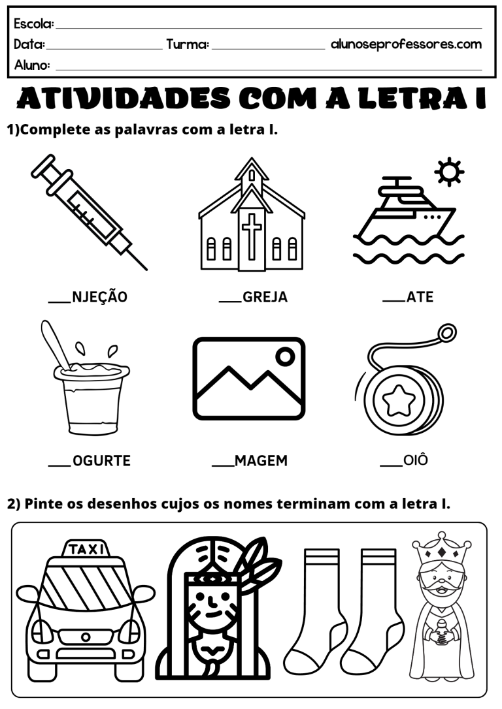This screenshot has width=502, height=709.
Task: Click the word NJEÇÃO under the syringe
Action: pos(99,298)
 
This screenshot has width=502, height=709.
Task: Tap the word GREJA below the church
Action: pos(265,298)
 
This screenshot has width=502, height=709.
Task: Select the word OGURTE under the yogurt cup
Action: pos(101,461)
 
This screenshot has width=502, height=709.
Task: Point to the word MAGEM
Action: pos(261,461)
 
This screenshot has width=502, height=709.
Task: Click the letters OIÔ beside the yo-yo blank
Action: pos(416,460)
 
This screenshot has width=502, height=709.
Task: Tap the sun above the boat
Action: pos(450,172)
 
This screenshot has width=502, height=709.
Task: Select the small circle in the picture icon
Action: pos(285,356)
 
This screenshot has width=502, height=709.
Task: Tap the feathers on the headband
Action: pos(261,561)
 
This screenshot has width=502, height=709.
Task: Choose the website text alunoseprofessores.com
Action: pos(406,44)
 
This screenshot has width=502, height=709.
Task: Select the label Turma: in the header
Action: pos(188,44)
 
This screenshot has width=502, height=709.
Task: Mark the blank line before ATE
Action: pos(393,302)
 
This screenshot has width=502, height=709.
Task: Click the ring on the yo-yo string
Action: pos(446,332)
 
